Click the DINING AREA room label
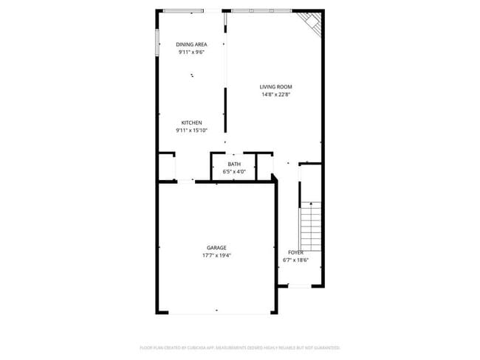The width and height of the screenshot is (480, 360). tap(191, 44)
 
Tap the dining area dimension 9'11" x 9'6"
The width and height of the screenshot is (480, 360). tap(191, 52)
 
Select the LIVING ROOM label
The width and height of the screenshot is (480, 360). tap(276, 86)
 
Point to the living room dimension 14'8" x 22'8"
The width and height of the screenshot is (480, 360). tap(276, 94)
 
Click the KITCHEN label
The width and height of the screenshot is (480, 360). tap(191, 122)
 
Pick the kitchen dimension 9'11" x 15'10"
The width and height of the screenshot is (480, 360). tap(191, 131)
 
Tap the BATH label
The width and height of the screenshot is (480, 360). tap(234, 164)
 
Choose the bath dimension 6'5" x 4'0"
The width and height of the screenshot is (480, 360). tap(234, 172)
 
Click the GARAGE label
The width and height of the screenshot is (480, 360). tap(216, 248)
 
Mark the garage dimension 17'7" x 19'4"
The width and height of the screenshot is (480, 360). tap(216, 256)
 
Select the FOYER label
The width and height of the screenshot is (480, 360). tap(296, 252)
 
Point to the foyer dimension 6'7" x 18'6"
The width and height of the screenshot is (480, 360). tap(296, 260)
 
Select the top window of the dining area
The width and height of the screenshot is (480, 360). tap(184, 10)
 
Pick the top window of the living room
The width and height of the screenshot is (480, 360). tap(262, 10)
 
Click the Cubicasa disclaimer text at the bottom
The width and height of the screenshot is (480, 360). tap(240, 347)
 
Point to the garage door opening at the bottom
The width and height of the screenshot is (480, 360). tap(216, 314)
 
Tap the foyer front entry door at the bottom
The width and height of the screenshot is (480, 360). tap(300, 286)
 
